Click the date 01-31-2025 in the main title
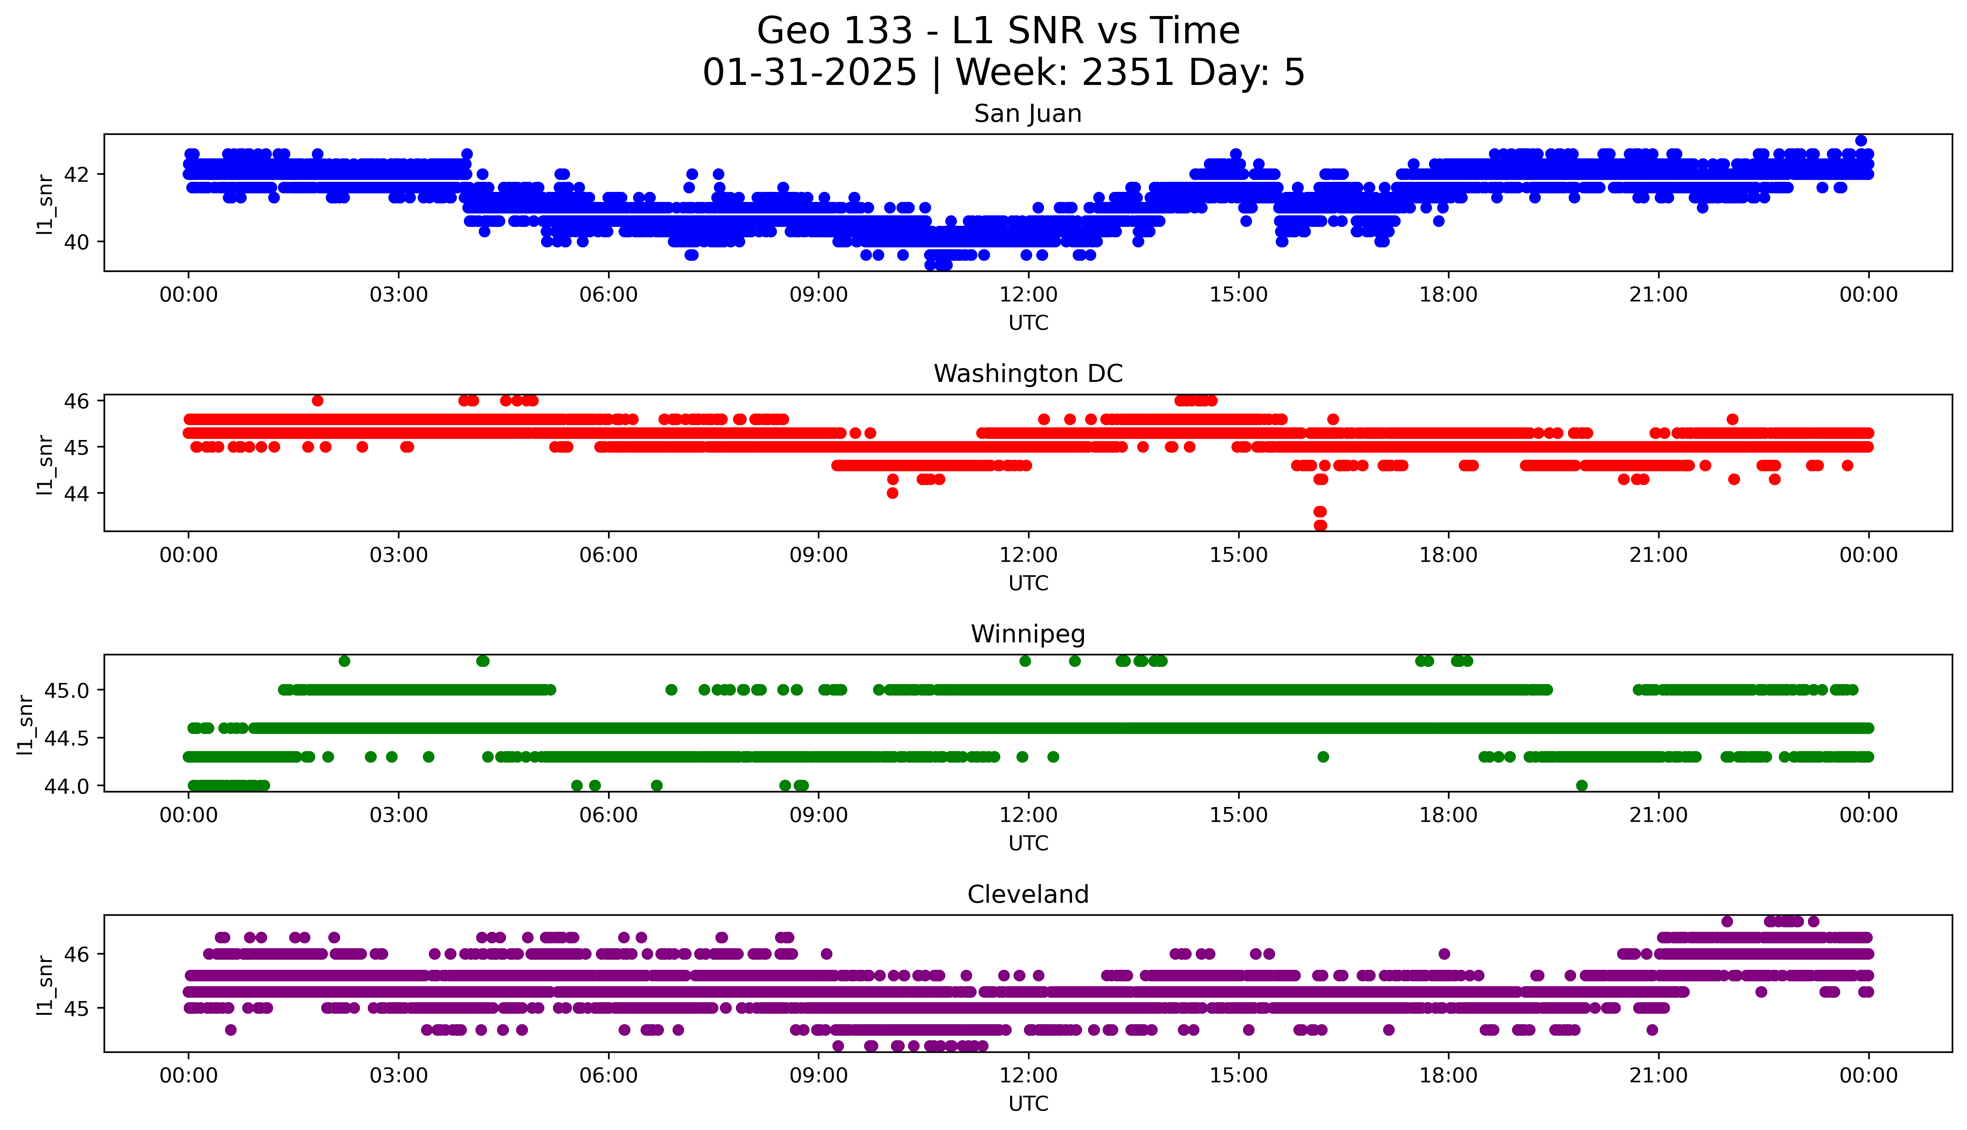tap(809, 73)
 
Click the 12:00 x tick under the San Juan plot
tap(1028, 295)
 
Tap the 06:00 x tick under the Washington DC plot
tap(608, 555)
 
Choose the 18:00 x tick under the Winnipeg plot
tap(1448, 815)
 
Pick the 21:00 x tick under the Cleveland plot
tap(1658, 1076)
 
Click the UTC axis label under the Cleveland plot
tap(1028, 1103)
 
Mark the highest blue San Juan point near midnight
tap(1861, 140)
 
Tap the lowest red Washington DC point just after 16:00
tap(1321, 525)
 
